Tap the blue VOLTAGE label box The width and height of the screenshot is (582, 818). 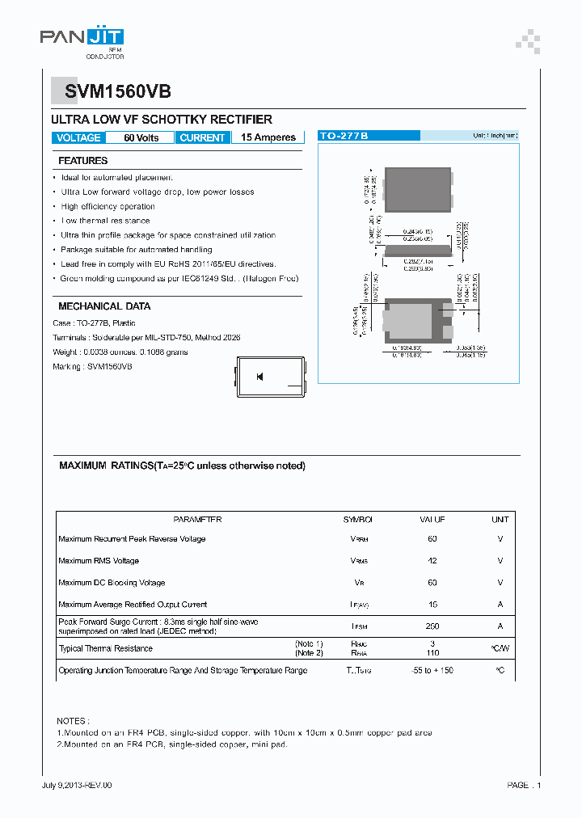tap(78, 138)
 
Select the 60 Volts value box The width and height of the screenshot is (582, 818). tap(141, 138)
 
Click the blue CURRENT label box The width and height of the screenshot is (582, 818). tap(202, 138)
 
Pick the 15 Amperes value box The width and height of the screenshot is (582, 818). tap(268, 138)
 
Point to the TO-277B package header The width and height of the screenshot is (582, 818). tap(344, 137)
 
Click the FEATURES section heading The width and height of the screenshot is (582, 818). tap(83, 161)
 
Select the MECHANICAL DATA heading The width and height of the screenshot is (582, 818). tap(104, 306)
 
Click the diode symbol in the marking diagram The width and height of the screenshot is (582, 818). tap(260, 377)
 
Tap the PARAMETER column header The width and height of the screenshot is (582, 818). tap(197, 520)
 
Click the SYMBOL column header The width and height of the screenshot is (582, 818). tap(358, 520)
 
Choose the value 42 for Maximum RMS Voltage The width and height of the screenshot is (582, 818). tap(432, 561)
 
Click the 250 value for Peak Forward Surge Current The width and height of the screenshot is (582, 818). tap(432, 626)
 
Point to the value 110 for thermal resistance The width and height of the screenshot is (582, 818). tap(432, 652)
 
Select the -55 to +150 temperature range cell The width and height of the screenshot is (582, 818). tap(432, 670)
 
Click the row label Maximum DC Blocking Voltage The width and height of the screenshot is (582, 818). tap(112, 583)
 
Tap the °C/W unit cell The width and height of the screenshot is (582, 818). tap(500, 648)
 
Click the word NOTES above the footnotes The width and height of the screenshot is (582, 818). tap(74, 720)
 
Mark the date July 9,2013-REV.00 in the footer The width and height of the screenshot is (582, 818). tap(77, 786)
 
